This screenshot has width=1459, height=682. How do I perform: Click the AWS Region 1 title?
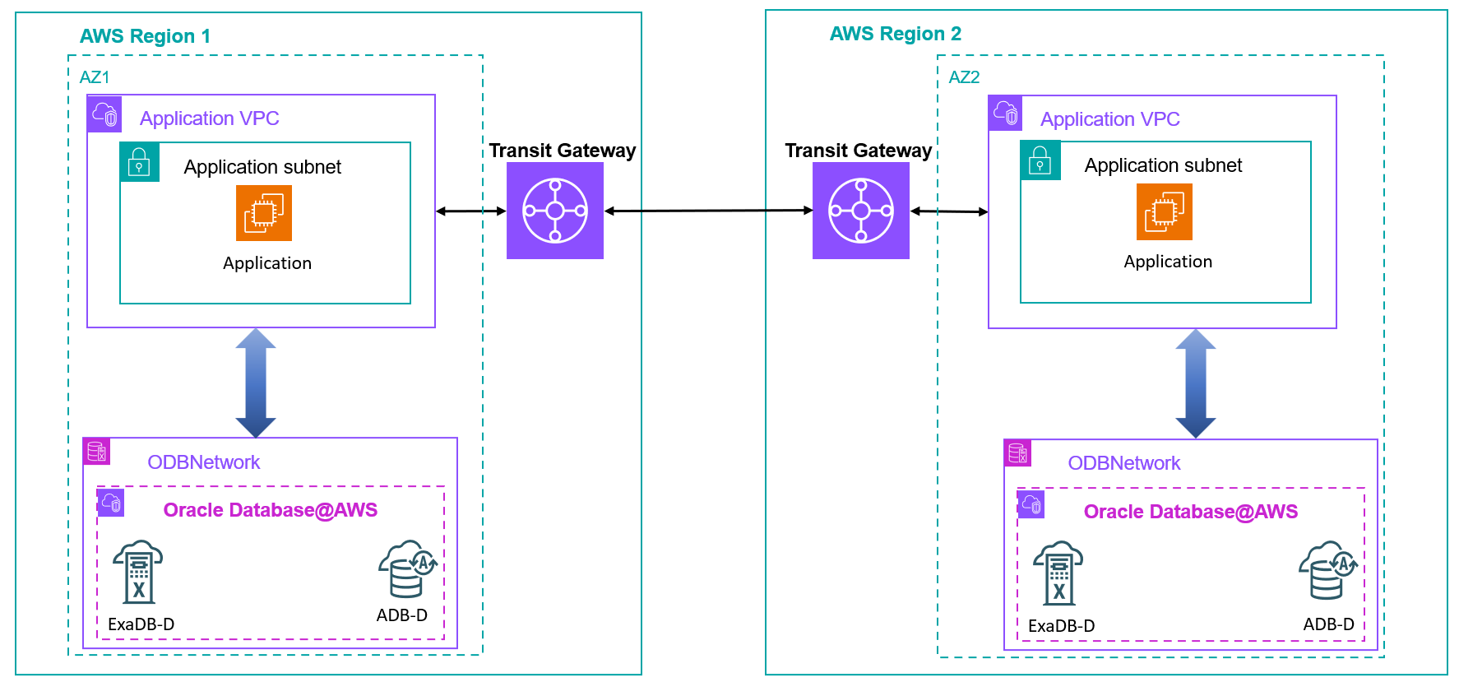145,36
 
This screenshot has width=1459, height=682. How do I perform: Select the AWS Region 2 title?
895,34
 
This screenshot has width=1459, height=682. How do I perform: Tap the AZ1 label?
95,77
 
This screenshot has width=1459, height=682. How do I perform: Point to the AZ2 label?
964,77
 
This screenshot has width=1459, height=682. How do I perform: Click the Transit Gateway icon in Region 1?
555,211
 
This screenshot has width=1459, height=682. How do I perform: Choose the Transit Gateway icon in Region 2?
861,211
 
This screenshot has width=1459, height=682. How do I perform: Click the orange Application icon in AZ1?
264,213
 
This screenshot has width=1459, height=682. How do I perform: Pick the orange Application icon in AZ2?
1165,211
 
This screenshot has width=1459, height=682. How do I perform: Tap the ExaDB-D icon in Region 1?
138,573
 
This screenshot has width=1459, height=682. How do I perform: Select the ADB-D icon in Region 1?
407,568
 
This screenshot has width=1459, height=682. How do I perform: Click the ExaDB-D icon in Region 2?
1058,573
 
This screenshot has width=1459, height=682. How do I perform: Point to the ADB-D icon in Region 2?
1327,570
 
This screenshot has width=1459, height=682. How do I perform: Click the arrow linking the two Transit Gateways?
708,211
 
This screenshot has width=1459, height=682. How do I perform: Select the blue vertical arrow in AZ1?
256,383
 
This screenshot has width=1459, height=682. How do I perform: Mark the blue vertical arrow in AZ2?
1196,383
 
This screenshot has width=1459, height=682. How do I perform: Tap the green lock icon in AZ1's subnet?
140,162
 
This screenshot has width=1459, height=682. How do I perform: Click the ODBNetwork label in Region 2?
1123,463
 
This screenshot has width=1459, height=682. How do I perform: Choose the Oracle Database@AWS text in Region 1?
270,510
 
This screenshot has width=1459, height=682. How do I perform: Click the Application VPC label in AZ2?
1109,119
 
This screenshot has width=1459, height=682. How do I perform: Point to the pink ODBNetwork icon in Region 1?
97,452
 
